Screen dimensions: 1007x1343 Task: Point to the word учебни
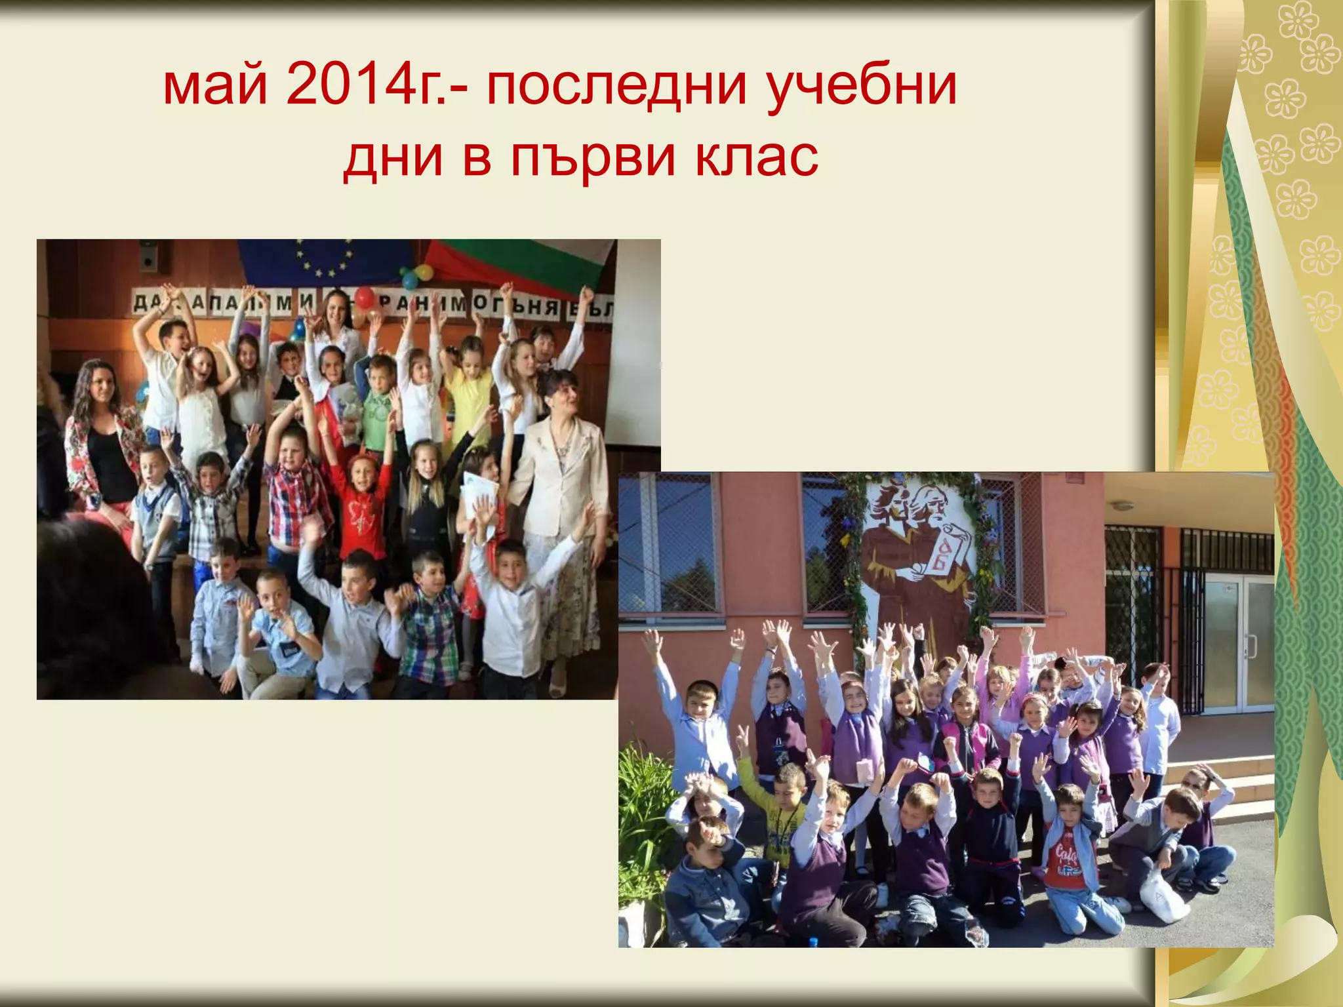(x=862, y=87)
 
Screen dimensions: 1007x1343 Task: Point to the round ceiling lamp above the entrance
(x=1122, y=506)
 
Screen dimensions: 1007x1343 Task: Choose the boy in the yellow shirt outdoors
(x=783, y=819)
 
